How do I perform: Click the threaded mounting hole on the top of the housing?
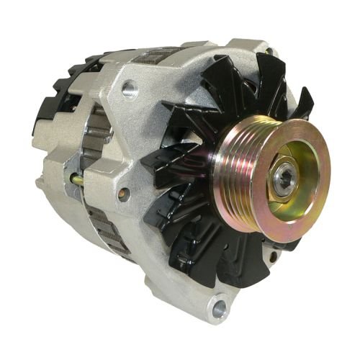130,89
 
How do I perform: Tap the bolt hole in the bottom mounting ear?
220,310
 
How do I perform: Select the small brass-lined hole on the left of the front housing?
124,193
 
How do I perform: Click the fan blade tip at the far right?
306,104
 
